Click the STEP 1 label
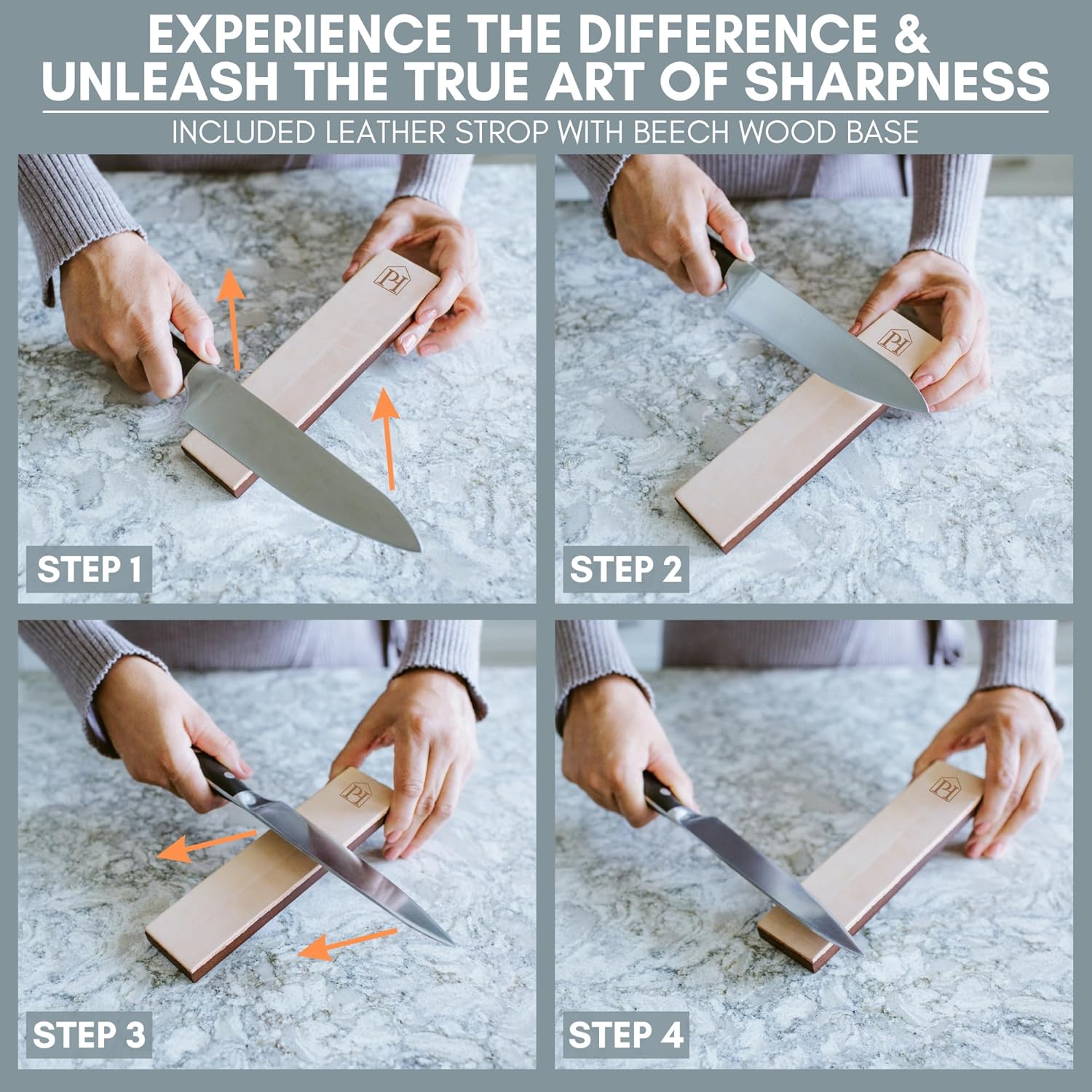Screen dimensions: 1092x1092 [89, 569]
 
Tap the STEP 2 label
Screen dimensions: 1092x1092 [625, 569]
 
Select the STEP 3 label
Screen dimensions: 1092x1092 [89, 1034]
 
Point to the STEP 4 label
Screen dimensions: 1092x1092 [625, 1034]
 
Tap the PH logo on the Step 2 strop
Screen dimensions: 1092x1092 [893, 339]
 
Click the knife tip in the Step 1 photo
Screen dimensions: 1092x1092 [420, 549]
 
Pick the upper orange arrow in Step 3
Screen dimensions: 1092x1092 [207, 844]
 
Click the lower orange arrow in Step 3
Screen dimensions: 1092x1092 [347, 943]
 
